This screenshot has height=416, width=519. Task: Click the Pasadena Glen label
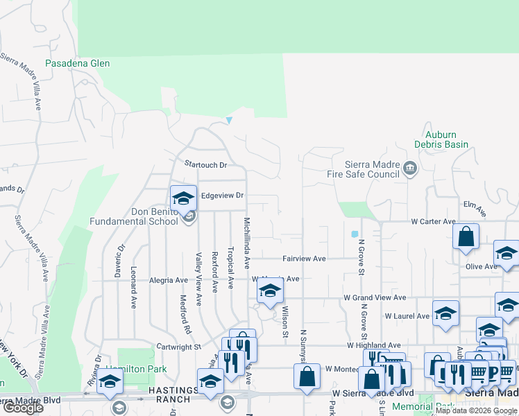click(78, 63)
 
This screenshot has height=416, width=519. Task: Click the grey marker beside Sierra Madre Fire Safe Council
click(410, 166)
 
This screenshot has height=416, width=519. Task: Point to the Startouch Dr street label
click(206, 165)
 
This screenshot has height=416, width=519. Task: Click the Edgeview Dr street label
click(222, 196)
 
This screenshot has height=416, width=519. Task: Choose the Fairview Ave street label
click(304, 259)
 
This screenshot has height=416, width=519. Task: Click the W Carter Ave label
click(433, 222)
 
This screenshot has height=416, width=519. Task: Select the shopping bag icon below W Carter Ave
click(466, 236)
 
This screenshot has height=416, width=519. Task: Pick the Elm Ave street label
click(473, 205)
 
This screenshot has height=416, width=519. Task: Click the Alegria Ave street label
click(169, 280)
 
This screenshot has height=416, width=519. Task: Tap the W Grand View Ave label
click(375, 297)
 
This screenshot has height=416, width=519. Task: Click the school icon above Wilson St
click(270, 291)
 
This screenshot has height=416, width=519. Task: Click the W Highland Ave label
click(375, 345)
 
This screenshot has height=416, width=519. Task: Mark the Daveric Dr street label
click(122, 257)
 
